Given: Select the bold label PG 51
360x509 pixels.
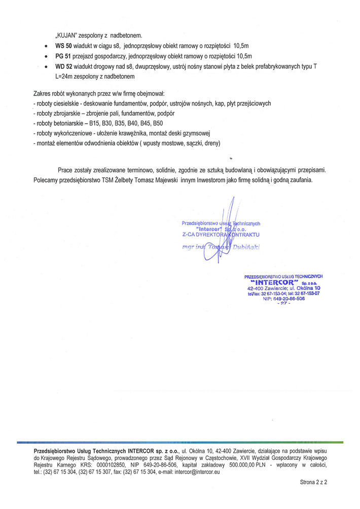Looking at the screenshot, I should point(63,56).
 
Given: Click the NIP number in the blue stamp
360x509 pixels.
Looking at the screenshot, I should point(283,299).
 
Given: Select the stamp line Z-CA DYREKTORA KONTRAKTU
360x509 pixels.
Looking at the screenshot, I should point(221,235).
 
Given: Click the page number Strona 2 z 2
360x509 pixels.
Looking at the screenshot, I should point(313,483).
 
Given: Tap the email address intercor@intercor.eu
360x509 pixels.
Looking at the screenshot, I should point(197,472).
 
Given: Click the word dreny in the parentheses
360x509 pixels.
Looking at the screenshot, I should point(211,143).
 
